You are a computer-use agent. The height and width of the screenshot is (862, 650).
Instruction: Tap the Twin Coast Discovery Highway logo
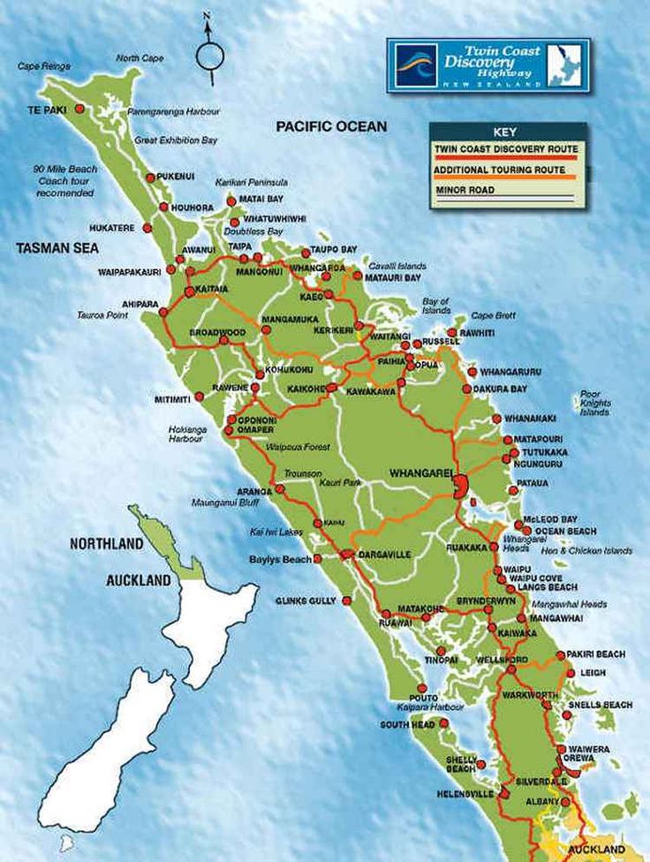pyautogui.click(x=488, y=65)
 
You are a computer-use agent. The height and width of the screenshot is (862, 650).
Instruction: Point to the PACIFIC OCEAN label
pyautogui.click(x=331, y=127)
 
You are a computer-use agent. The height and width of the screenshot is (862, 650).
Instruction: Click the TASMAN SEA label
pyautogui.click(x=57, y=249)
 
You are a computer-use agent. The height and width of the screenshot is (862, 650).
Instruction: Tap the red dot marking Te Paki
pyautogui.click(x=79, y=109)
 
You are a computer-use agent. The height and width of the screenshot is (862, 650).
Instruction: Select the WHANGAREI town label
pyautogui.click(x=420, y=473)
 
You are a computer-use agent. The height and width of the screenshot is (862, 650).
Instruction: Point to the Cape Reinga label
pyautogui.click(x=43, y=66)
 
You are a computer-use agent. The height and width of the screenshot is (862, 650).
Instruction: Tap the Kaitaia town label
pyautogui.click(x=211, y=289)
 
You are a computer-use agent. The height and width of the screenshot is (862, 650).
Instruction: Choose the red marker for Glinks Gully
pyautogui.click(x=346, y=601)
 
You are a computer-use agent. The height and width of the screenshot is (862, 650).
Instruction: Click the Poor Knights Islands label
pyautogui.click(x=594, y=404)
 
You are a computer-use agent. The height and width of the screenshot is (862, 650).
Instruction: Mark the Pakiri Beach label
pyautogui.click(x=595, y=654)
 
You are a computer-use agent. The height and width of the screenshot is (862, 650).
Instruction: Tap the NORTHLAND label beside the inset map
pyautogui.click(x=106, y=544)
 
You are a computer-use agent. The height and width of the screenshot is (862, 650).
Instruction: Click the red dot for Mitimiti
pyautogui.click(x=199, y=397)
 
